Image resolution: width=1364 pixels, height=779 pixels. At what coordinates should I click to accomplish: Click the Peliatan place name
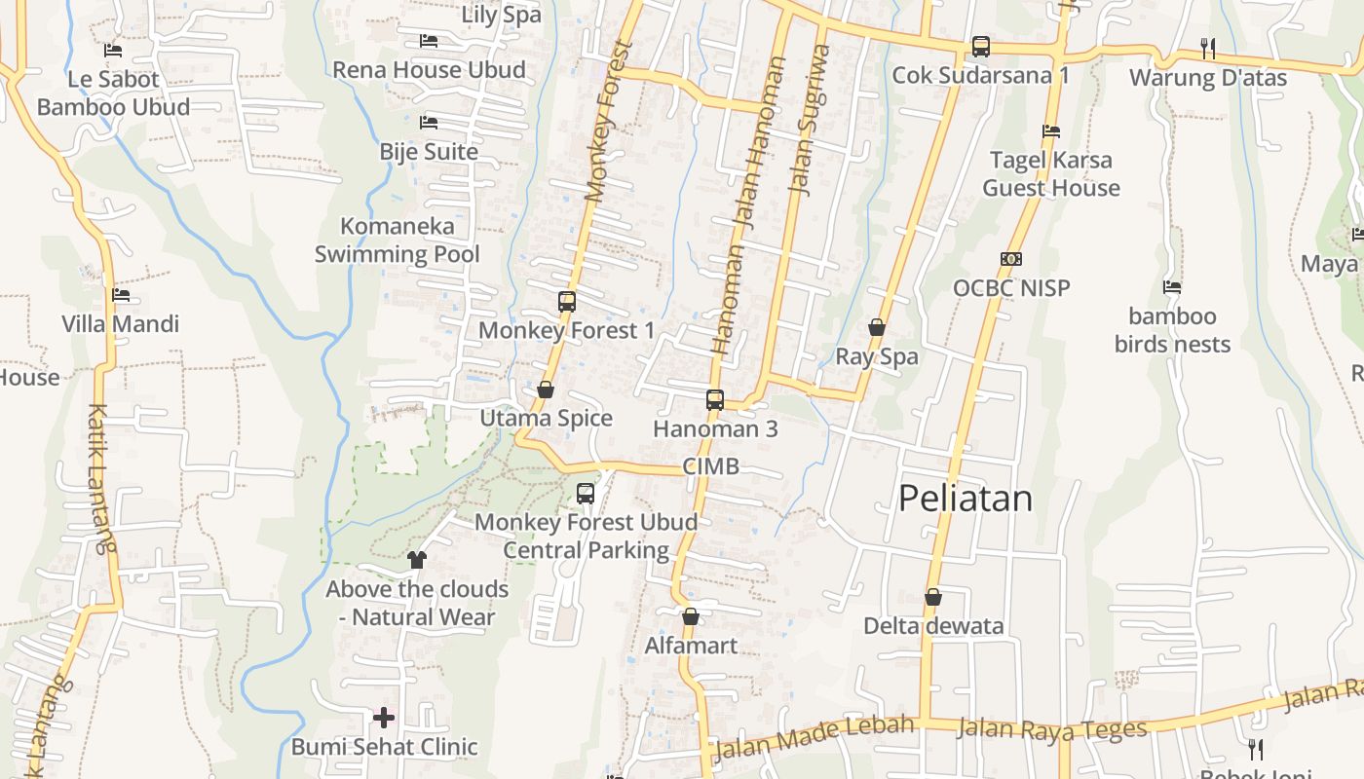[x=965, y=499]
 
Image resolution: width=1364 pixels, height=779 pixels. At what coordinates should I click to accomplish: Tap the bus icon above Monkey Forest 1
[x=567, y=302]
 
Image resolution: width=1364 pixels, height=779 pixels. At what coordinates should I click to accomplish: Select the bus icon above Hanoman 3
[x=715, y=399]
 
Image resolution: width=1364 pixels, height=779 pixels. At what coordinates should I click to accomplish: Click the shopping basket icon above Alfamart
[x=691, y=616]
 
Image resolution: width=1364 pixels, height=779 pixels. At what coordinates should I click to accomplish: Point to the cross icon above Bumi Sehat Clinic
[x=384, y=718]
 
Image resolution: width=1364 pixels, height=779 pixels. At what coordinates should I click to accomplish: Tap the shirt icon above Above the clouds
[x=417, y=560]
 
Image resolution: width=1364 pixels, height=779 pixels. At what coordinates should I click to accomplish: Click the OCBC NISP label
[x=1011, y=288]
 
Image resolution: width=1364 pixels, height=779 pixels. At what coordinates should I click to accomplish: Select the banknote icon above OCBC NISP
[x=1011, y=259]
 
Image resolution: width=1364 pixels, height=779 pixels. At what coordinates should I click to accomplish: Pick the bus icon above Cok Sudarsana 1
[x=981, y=47]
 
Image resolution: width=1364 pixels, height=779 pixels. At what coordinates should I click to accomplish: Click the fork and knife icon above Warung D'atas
[x=1208, y=48]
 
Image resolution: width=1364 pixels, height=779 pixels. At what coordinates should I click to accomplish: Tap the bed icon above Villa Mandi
[x=121, y=294]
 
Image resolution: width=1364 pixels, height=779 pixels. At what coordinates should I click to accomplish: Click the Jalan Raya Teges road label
[x=1052, y=728]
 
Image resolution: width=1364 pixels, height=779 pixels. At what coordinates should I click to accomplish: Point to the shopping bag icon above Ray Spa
[x=877, y=327]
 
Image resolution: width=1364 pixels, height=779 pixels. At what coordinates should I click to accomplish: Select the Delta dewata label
[x=933, y=626]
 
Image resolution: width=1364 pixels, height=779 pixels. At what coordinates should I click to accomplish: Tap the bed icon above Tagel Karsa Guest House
[x=1050, y=130]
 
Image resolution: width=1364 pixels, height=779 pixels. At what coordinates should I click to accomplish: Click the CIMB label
[x=710, y=466]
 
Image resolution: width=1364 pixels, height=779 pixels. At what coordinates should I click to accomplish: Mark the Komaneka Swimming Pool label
[x=398, y=241]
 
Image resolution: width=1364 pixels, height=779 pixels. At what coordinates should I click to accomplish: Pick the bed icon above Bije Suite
[x=429, y=123]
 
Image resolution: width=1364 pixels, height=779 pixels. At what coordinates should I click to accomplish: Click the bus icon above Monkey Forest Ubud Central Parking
[x=586, y=494]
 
